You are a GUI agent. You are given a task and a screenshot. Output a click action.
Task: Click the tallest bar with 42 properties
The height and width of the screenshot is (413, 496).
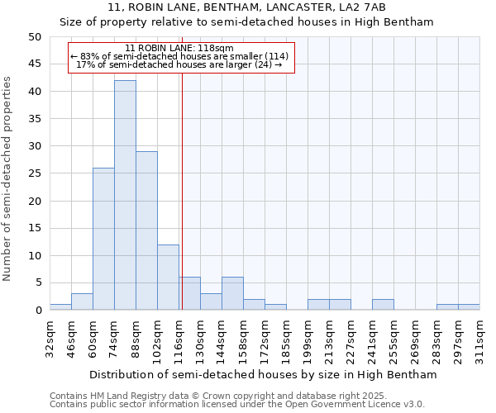(x=125, y=195)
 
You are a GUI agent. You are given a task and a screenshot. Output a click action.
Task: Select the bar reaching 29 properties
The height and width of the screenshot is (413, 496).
(x=146, y=230)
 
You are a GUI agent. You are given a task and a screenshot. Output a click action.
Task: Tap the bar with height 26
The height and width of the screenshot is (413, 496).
(x=103, y=239)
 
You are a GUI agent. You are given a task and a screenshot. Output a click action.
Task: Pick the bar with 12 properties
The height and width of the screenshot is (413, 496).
(x=168, y=277)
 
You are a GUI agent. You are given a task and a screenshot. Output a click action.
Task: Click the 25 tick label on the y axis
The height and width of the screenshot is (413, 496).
(x=34, y=173)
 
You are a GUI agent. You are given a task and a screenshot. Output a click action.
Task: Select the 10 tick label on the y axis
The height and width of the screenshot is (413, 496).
(x=34, y=256)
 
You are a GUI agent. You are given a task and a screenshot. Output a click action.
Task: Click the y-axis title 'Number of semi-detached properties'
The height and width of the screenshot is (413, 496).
(x=8, y=178)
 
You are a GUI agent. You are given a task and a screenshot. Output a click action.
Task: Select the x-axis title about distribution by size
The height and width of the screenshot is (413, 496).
(x=262, y=374)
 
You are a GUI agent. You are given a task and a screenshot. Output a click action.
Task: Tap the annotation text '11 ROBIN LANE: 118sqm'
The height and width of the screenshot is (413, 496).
(x=179, y=49)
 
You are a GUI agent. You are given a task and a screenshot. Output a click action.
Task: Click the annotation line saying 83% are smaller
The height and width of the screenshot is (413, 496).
(x=179, y=56)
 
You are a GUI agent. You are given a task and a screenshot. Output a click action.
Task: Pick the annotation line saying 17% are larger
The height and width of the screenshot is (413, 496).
(x=179, y=64)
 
